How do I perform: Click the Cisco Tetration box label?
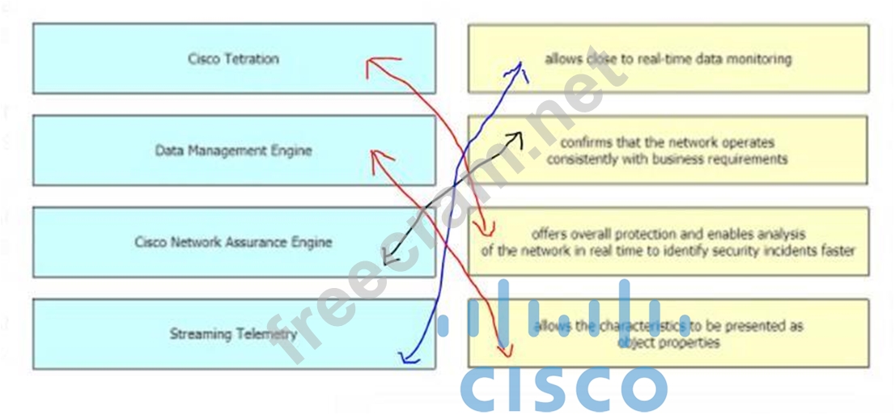click(x=233, y=59)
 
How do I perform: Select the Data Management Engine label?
click(x=233, y=150)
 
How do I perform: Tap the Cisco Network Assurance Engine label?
click(x=233, y=242)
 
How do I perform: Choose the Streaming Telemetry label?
click(x=233, y=333)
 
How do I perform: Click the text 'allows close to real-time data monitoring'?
click(x=668, y=59)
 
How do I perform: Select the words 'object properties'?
click(x=668, y=342)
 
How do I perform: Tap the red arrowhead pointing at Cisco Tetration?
click(x=371, y=65)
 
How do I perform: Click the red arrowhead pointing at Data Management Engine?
click(x=374, y=155)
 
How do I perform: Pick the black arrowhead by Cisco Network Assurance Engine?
click(x=388, y=260)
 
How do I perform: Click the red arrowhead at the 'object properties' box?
click(x=506, y=351)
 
